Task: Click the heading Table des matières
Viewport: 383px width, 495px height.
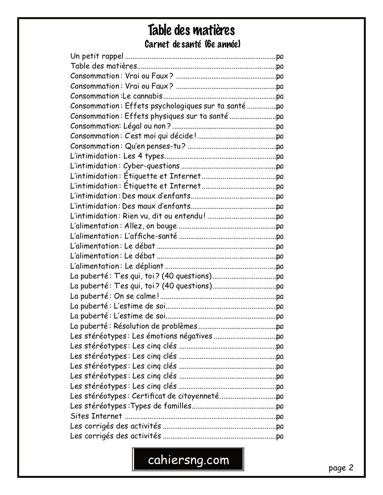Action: click(191, 31)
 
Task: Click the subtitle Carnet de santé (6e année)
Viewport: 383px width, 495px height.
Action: click(193, 45)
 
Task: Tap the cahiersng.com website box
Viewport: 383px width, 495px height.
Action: click(188, 460)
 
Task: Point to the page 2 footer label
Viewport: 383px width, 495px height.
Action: click(341, 468)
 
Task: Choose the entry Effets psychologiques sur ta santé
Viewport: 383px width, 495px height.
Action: click(185, 106)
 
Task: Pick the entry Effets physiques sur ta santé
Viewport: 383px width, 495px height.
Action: click(176, 116)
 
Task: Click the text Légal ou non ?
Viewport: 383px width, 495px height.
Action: click(147, 126)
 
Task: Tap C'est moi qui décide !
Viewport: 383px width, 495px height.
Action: click(160, 136)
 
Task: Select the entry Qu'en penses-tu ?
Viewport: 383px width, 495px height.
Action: click(155, 146)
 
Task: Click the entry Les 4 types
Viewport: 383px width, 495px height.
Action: click(144, 156)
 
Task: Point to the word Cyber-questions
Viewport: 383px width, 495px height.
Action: click(152, 166)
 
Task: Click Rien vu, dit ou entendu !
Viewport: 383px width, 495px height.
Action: click(164, 216)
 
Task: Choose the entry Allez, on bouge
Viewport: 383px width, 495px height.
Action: click(150, 226)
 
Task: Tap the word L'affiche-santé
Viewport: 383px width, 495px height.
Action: click(150, 236)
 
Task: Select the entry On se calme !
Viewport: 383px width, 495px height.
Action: click(136, 296)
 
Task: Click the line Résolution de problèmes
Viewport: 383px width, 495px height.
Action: click(155, 326)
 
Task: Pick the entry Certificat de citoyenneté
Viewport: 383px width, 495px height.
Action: click(175, 396)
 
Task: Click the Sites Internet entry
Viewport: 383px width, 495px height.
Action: click(96, 416)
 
